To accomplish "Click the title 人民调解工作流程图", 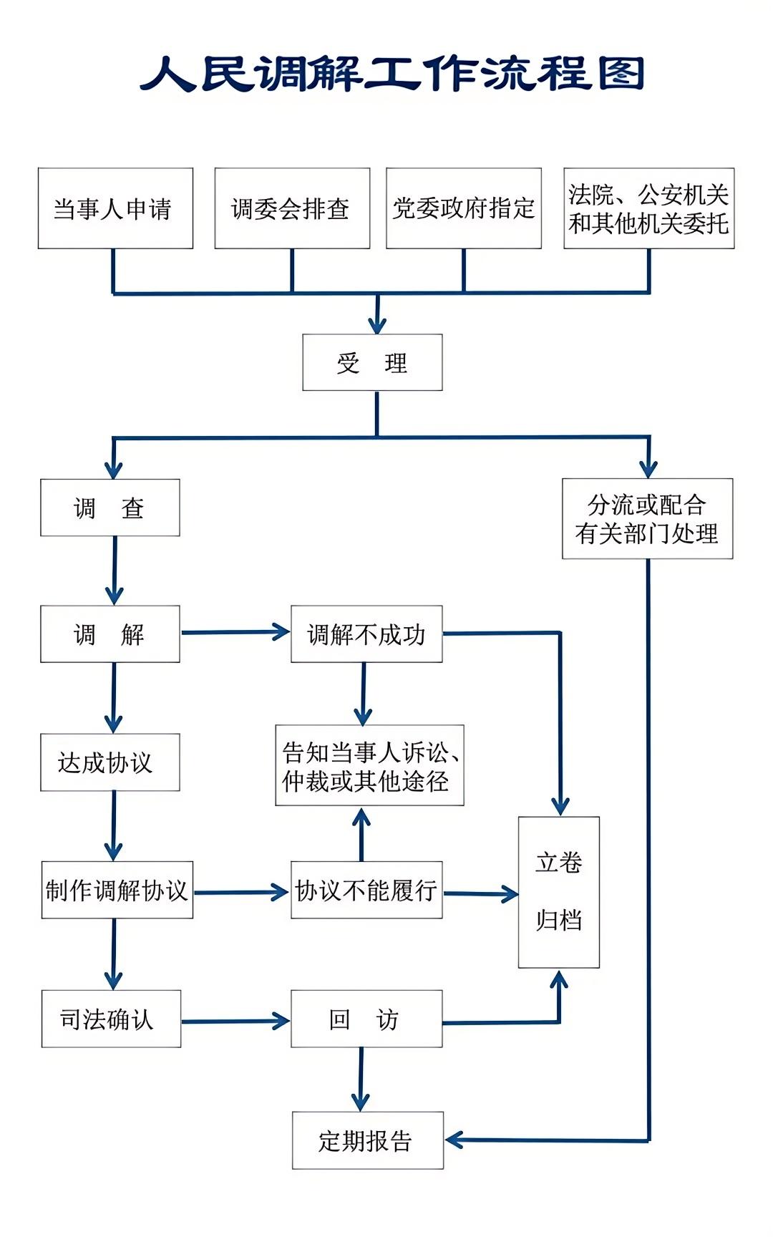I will (x=392, y=74).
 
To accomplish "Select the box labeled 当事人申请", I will (x=115, y=208).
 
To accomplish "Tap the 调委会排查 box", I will (x=292, y=208).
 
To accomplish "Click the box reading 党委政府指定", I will (x=463, y=208).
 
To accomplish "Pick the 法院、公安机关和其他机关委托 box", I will (x=648, y=208).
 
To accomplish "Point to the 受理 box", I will (x=372, y=362).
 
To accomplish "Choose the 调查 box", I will (x=110, y=508).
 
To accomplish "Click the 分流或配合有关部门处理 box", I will (x=647, y=518).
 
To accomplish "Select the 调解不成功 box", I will (x=366, y=634).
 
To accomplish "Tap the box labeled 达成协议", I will (x=110, y=762).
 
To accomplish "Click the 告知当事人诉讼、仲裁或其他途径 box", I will (x=369, y=765).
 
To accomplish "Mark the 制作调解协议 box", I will (x=117, y=890).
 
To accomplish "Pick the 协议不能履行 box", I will (x=366, y=890).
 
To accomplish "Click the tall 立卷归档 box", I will (x=558, y=892).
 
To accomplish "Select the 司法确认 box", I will (x=111, y=1019).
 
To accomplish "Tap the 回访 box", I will (x=366, y=1019).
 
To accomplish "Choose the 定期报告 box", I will (x=368, y=1140).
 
